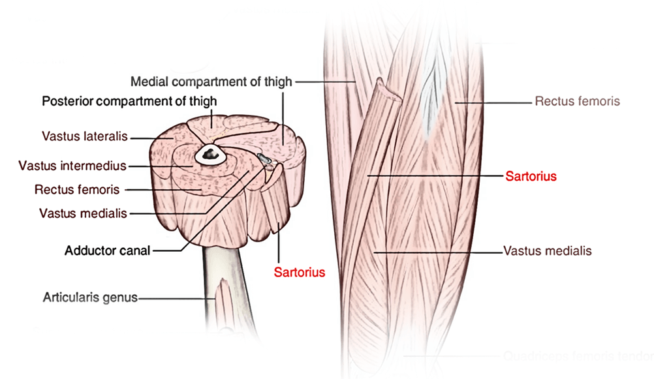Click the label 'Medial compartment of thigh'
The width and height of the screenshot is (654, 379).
(211, 82)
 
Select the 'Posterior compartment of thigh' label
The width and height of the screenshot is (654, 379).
(129, 101)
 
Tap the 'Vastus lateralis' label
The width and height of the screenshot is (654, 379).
(84, 136)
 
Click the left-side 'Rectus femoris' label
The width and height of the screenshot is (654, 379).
(76, 190)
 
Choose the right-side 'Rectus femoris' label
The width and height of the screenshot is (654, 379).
(577, 101)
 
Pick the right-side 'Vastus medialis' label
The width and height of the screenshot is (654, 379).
(548, 250)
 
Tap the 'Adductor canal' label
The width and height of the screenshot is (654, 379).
(107, 250)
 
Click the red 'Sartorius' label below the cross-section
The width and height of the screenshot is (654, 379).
(299, 270)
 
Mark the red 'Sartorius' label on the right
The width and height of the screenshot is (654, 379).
(531, 176)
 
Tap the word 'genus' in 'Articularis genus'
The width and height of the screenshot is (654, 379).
(122, 298)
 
